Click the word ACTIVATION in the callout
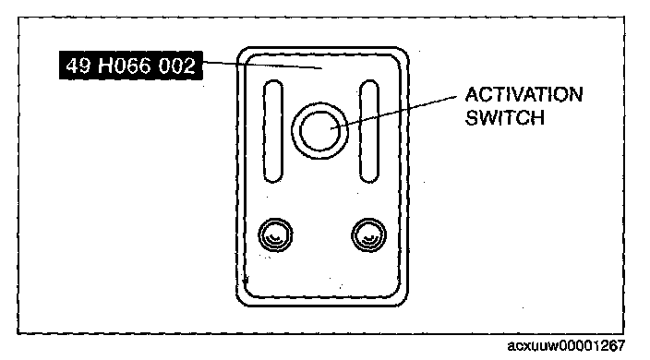tap(524, 95)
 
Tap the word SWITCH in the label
tap(504, 117)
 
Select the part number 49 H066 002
tap(130, 66)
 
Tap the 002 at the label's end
tap(176, 66)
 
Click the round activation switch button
tap(319, 130)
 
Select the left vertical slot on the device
tap(273, 131)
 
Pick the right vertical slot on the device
tap(369, 131)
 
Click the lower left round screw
tap(275, 234)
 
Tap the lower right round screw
tap(369, 234)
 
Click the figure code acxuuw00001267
tap(566, 345)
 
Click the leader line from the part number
tap(262, 65)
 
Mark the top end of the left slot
tap(273, 80)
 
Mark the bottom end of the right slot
tap(369, 182)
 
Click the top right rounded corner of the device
tap(403, 53)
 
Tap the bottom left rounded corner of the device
tap(243, 300)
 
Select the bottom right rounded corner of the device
tap(403, 300)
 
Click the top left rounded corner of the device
tap(243, 53)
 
